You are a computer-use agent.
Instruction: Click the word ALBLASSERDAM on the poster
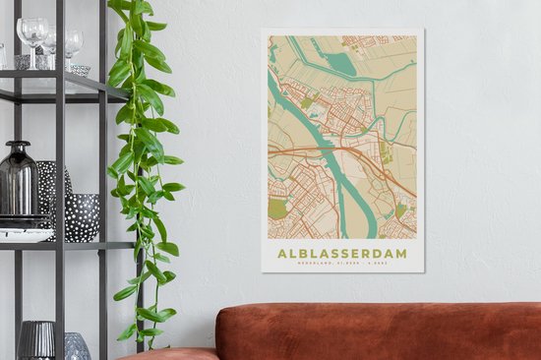(343, 252)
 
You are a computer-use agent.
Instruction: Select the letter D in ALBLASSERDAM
(380, 252)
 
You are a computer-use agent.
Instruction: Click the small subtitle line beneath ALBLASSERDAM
(343, 263)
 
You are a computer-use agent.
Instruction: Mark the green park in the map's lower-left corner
(277, 209)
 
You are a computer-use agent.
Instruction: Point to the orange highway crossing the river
(325, 150)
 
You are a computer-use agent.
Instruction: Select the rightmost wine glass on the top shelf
(74, 44)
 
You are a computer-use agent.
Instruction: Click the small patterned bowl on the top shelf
(80, 70)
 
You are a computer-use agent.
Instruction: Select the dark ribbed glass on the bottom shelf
(36, 340)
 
